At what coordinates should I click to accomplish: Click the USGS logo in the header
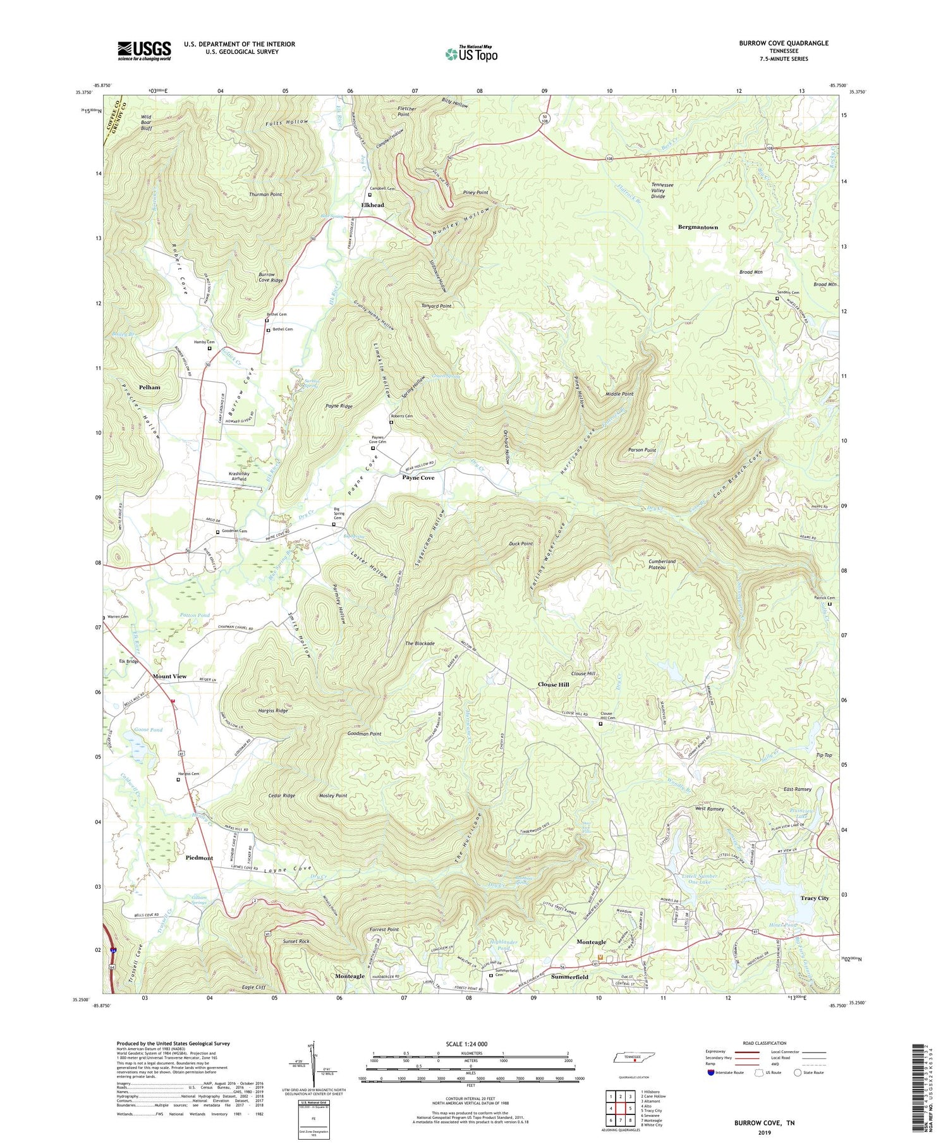(x=144, y=51)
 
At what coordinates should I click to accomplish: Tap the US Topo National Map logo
(x=471, y=54)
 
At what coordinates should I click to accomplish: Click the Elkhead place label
(x=372, y=205)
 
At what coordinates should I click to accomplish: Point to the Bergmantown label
(x=698, y=227)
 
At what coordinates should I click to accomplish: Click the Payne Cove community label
(x=418, y=478)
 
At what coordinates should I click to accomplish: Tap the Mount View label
(x=169, y=676)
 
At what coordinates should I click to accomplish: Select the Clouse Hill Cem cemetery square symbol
(x=600, y=724)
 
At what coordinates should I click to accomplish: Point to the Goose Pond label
(x=149, y=729)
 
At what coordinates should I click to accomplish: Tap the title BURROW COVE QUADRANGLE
(x=783, y=43)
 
